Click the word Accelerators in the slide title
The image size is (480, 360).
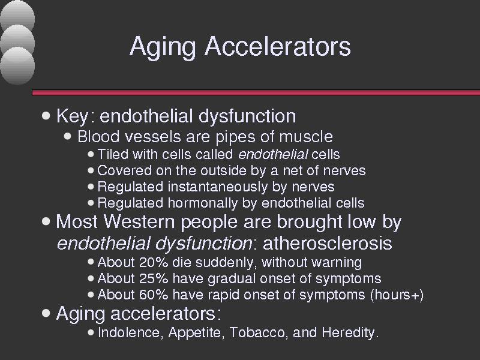[x=278, y=46]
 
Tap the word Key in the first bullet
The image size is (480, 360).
[x=72, y=116]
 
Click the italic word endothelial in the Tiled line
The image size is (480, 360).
[x=273, y=154]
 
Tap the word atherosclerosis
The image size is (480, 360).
[x=327, y=244]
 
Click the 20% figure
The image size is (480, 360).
[x=154, y=262]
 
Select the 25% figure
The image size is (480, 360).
[x=154, y=278]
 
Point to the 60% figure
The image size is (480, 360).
[x=154, y=295]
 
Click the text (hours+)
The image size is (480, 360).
[x=397, y=295]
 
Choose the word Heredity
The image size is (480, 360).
[x=350, y=333]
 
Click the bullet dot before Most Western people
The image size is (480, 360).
[x=46, y=221]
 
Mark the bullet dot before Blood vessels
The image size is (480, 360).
[x=68, y=136]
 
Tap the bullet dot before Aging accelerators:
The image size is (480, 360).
[x=46, y=313]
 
